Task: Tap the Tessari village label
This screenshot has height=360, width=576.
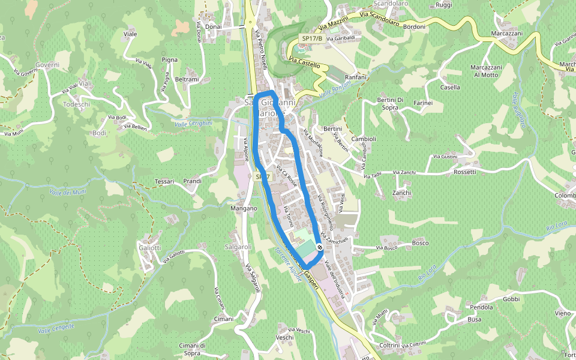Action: tap(164, 181)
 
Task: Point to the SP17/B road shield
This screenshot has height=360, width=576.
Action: tap(312, 38)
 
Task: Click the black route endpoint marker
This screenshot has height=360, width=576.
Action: tap(321, 246)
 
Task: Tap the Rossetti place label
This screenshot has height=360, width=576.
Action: tap(465, 172)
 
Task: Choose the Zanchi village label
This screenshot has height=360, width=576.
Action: tap(401, 193)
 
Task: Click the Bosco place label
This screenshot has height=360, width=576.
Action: tap(420, 243)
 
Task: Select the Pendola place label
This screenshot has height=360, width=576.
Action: tap(482, 307)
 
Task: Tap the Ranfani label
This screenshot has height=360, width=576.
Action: tap(356, 77)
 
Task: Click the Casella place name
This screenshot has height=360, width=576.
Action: tap(450, 87)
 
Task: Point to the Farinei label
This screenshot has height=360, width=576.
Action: tap(423, 103)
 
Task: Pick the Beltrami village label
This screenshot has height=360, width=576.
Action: tap(187, 79)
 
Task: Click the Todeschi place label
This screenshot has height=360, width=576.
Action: tap(76, 104)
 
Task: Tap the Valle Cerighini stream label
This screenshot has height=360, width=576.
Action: tap(193, 124)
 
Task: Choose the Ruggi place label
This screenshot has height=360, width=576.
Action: tap(444, 5)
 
